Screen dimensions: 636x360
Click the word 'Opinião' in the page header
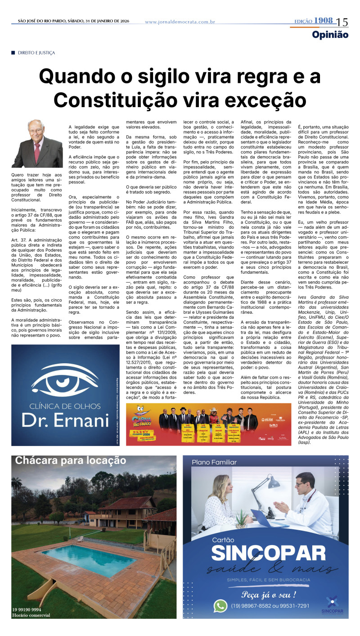point(330,35)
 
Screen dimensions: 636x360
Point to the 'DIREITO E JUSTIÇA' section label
point(36,53)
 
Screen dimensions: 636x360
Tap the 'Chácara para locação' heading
point(71,460)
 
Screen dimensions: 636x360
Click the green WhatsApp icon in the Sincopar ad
point(220,605)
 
